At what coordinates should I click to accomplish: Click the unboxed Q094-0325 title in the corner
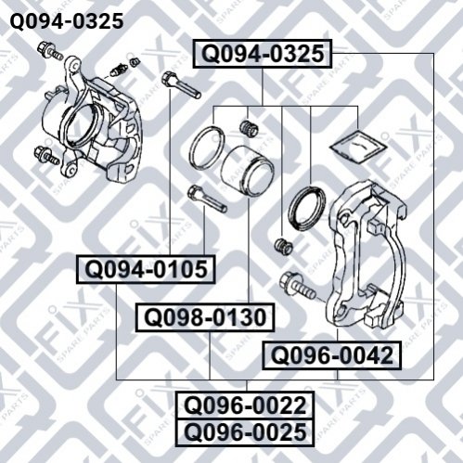tap(67, 21)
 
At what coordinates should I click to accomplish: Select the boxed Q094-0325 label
tap(263, 54)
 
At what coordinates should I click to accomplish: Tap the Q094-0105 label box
tap(146, 269)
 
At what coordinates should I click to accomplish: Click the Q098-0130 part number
tap(205, 317)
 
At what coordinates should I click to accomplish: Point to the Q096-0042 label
tap(331, 355)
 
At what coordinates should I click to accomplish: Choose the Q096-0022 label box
tap(245, 405)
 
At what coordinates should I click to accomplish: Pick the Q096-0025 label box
tap(245, 432)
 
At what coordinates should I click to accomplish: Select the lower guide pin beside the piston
tap(207, 199)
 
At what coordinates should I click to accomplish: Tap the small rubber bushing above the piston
tap(249, 128)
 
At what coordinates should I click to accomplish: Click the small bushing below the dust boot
tap(283, 246)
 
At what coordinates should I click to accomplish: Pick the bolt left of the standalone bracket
tap(297, 286)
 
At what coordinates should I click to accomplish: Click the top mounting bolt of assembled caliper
tap(49, 51)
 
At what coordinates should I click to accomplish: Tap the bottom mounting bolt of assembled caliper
tap(47, 155)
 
